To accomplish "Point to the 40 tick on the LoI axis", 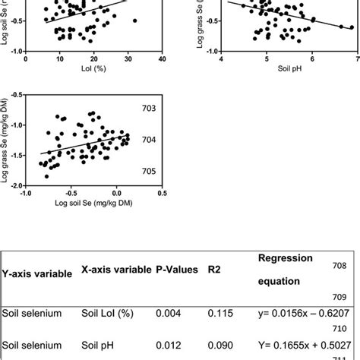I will [162, 58].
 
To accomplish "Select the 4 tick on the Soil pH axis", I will [221, 58].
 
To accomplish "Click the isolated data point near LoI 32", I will [134, 21].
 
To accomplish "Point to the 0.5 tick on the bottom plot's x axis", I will [162, 193].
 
